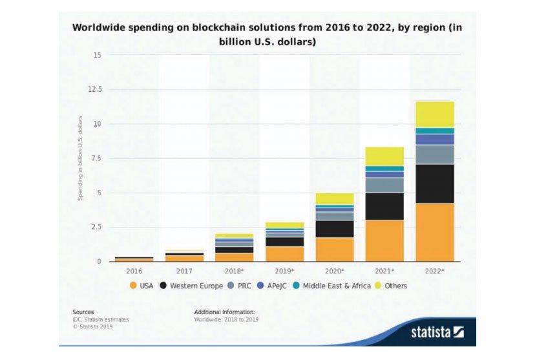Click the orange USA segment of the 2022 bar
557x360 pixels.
(435, 233)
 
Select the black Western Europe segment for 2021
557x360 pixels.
(384, 206)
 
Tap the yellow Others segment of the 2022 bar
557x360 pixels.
(435, 114)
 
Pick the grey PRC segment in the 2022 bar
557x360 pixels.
(435, 154)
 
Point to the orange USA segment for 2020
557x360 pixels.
(334, 249)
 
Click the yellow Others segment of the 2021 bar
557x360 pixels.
(384, 156)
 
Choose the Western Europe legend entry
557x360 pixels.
(192, 285)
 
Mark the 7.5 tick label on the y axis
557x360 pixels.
(95, 158)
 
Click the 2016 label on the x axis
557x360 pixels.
(134, 271)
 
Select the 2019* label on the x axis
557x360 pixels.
(285, 271)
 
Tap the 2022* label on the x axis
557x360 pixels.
(435, 271)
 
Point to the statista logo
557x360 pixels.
(437, 333)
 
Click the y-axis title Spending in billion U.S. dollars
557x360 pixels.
(81, 158)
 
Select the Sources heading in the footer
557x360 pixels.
(83, 312)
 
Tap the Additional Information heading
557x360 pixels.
(224, 312)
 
